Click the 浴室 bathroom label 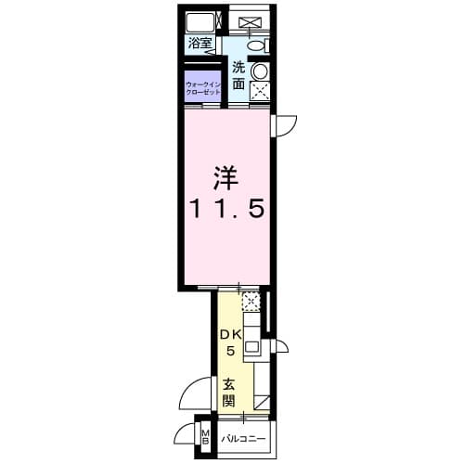pos(200,43)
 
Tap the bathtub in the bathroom pos(201,21)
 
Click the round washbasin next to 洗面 pos(261,71)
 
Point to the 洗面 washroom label pos(238,75)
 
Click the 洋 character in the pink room pos(226,176)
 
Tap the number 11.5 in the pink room pos(228,209)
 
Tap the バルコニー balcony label pos(243,438)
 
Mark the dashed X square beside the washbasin pos(262,90)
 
